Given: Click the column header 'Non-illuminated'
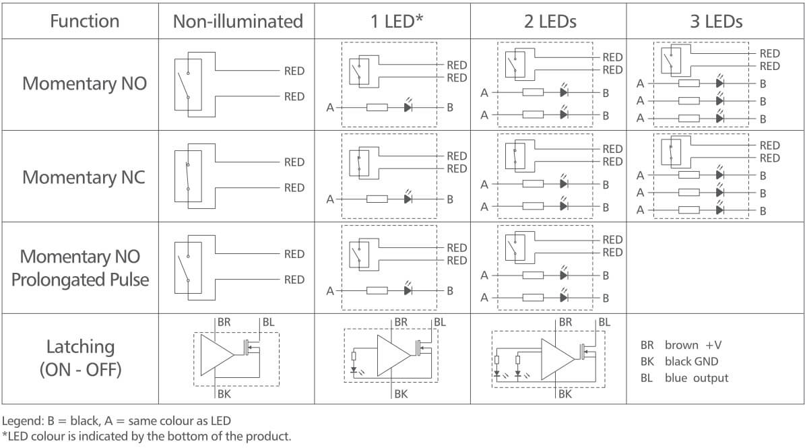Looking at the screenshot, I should [x=238, y=21].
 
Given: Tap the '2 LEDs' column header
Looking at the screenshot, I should [x=549, y=21].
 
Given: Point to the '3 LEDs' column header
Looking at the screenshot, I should [x=715, y=21].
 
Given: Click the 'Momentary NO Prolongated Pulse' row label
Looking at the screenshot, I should [x=79, y=267].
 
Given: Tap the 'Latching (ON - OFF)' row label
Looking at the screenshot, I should [x=79, y=358].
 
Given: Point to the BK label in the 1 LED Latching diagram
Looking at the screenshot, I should [x=401, y=394].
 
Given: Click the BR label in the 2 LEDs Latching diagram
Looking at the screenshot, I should [x=565, y=322].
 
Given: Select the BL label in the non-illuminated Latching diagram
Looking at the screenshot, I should [x=268, y=322].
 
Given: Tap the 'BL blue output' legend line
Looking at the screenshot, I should [x=684, y=378].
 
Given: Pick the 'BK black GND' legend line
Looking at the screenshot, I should [x=680, y=362].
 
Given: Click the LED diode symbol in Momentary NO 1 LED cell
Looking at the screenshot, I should [x=408, y=107].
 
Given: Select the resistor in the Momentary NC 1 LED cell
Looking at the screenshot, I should [x=377, y=199].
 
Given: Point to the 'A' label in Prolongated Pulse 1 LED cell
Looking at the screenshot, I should [x=330, y=291].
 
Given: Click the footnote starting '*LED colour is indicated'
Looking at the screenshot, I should [x=147, y=436].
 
